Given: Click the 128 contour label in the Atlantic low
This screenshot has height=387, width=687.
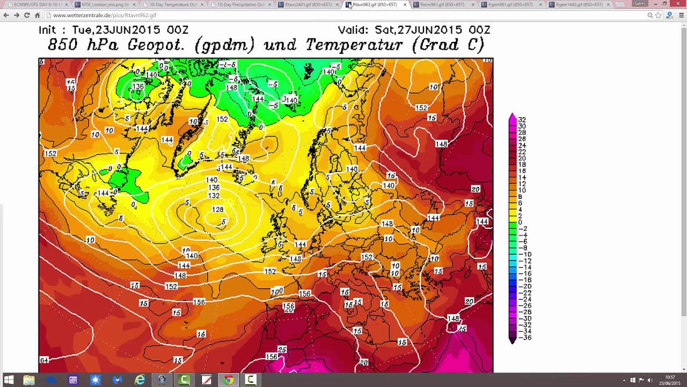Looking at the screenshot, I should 217,210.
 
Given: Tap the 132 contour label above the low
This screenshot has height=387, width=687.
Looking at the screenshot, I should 214,196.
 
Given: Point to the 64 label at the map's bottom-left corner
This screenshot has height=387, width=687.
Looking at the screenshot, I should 44,360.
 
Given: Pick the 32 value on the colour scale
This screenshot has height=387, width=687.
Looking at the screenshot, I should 522,120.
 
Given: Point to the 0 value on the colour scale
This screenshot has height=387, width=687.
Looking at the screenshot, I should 520,223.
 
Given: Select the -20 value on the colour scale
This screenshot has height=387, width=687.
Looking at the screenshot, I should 523,286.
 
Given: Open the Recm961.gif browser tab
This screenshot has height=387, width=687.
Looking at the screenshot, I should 441,5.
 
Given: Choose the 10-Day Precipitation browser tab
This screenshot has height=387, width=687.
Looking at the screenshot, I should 240,5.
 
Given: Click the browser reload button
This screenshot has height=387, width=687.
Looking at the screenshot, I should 27,15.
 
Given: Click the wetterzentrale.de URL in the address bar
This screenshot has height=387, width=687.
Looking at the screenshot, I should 105,16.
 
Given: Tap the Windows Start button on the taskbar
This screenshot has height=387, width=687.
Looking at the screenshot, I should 9,380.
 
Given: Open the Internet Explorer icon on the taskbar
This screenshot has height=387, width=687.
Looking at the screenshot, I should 140,380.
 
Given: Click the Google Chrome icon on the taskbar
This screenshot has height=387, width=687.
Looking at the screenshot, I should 229,380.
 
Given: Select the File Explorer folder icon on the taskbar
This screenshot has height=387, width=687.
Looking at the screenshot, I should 29,380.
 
